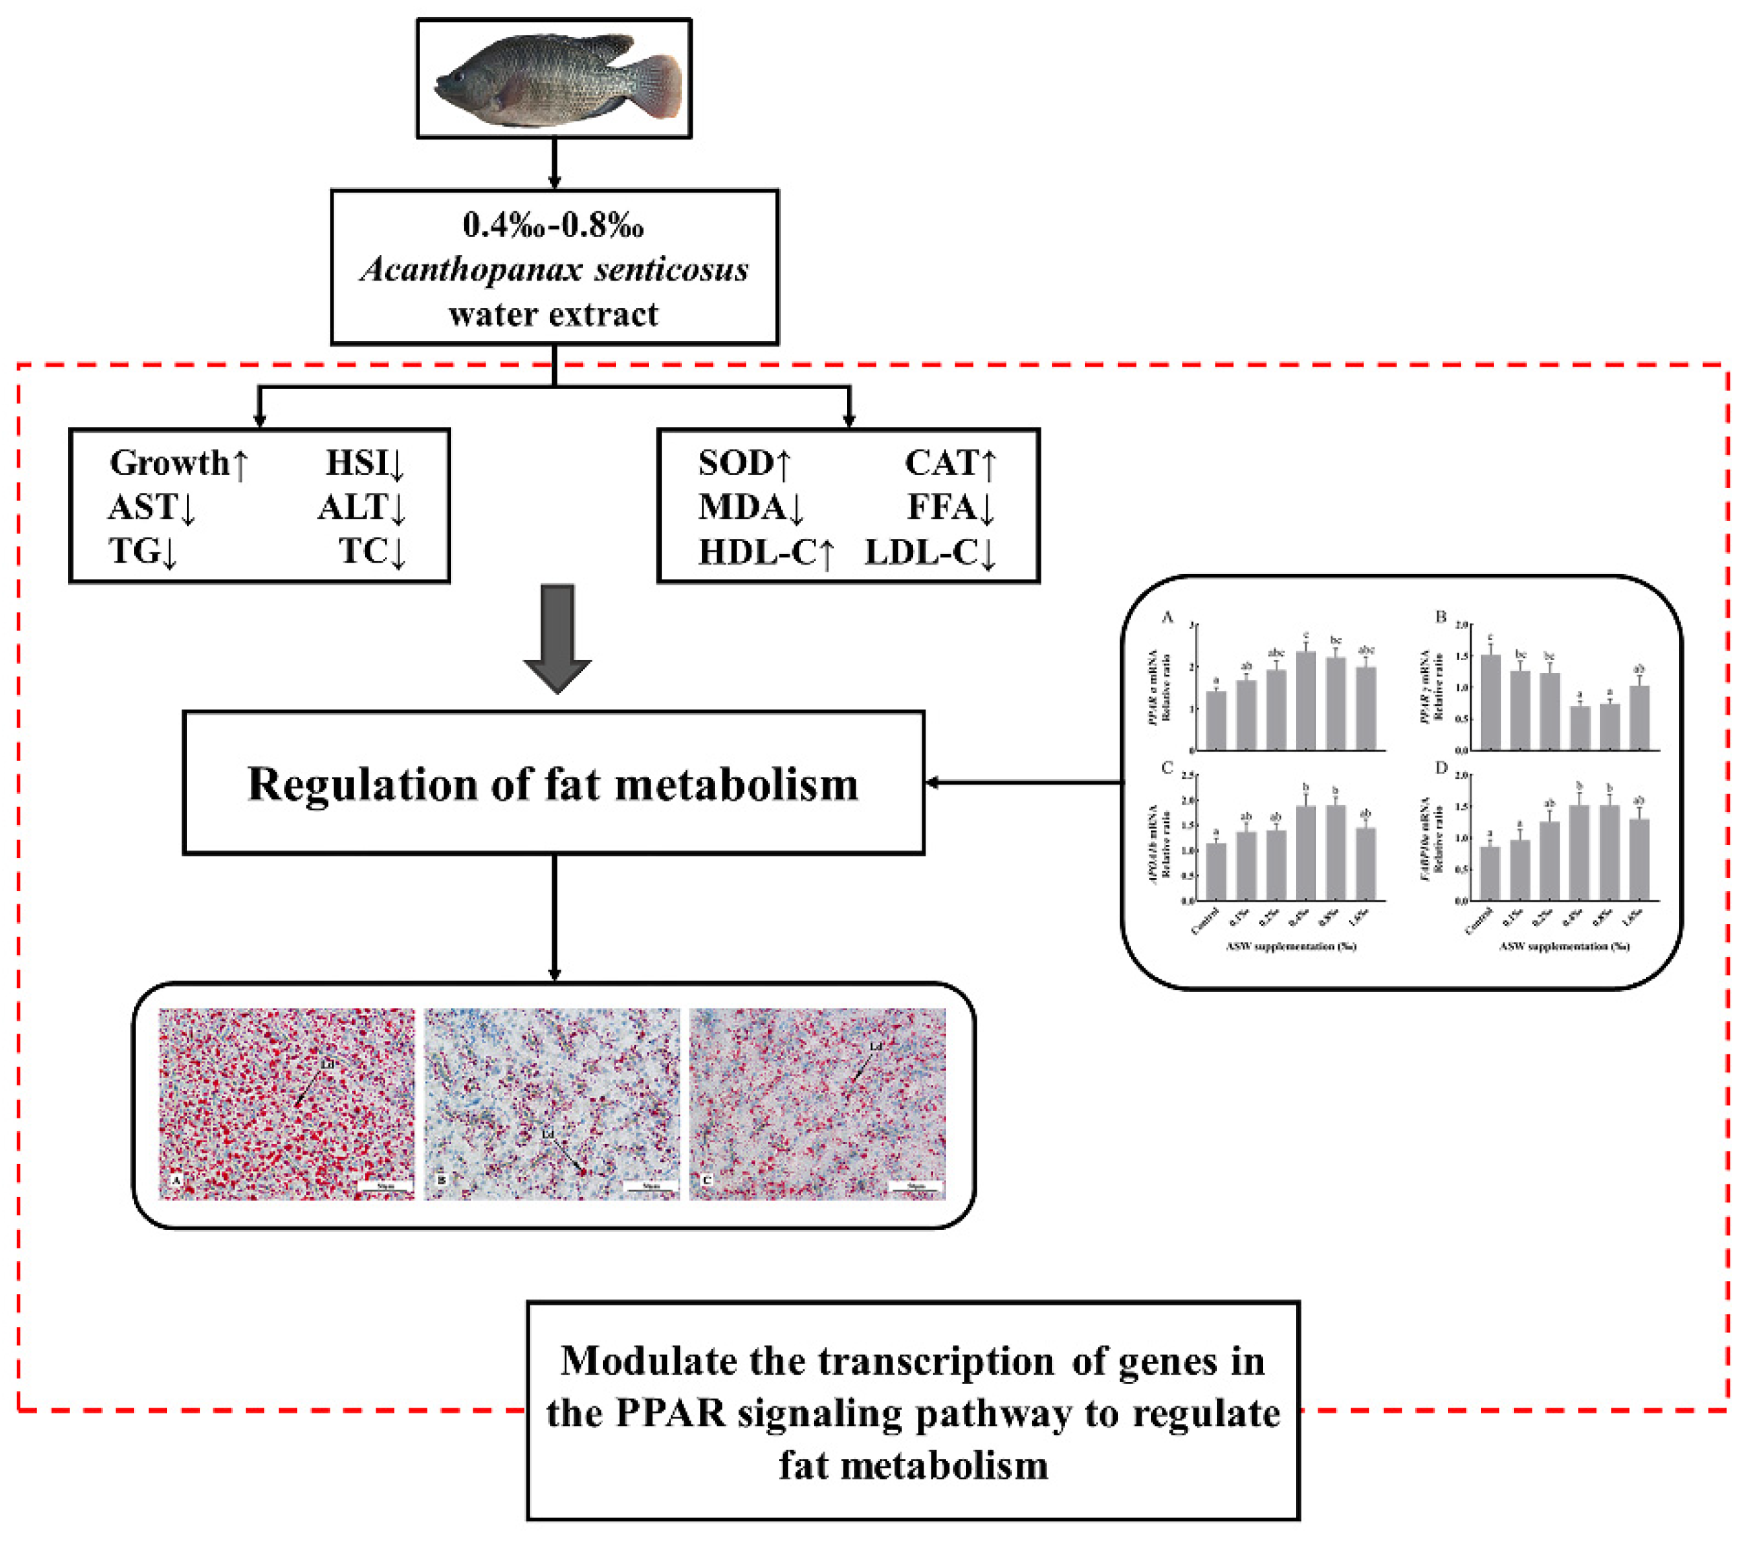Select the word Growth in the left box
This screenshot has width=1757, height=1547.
pyautogui.click(x=170, y=463)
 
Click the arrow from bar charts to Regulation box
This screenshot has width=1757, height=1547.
pyautogui.click(x=1023, y=782)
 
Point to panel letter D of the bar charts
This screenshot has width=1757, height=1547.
pyautogui.click(x=1441, y=768)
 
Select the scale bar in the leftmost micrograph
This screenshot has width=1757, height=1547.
pyautogui.click(x=385, y=1188)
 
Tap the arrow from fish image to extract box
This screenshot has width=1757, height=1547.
pyautogui.click(x=555, y=164)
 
